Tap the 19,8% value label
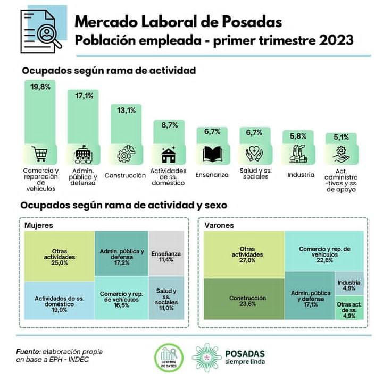(40, 86)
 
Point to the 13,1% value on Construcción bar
(126, 110)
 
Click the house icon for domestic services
(170, 154)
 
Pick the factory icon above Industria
(298, 154)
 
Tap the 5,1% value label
(342, 137)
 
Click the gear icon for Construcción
(126, 154)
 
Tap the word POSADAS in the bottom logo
(245, 352)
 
